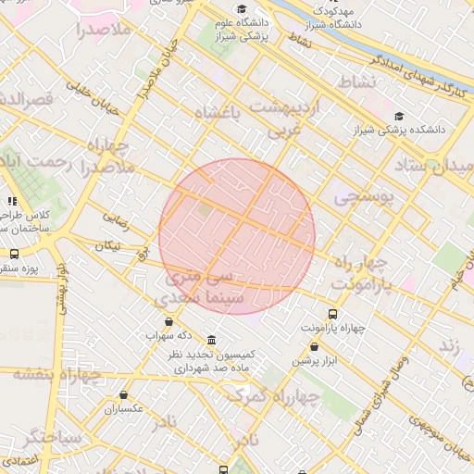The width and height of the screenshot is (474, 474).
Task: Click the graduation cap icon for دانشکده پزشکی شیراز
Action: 399,116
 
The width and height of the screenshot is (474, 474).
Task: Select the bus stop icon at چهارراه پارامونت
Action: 333,314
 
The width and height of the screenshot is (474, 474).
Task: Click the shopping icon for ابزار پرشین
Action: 314,347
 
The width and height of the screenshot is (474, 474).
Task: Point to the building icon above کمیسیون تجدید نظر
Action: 212,340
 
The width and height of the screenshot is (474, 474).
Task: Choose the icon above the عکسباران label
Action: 123,394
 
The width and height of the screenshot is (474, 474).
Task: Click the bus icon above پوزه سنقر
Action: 13,253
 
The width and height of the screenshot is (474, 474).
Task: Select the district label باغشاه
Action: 218,113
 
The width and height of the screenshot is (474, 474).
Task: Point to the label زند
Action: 450,344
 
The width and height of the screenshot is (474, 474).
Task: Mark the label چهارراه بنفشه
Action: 56,374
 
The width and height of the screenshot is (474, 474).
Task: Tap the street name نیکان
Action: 107,246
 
